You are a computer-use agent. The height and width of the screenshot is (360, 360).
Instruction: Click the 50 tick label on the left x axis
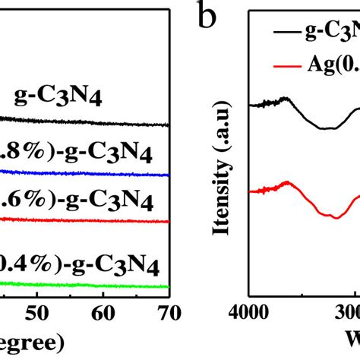click(36, 313)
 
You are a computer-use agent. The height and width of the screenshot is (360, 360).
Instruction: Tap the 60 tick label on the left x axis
click(103, 313)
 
